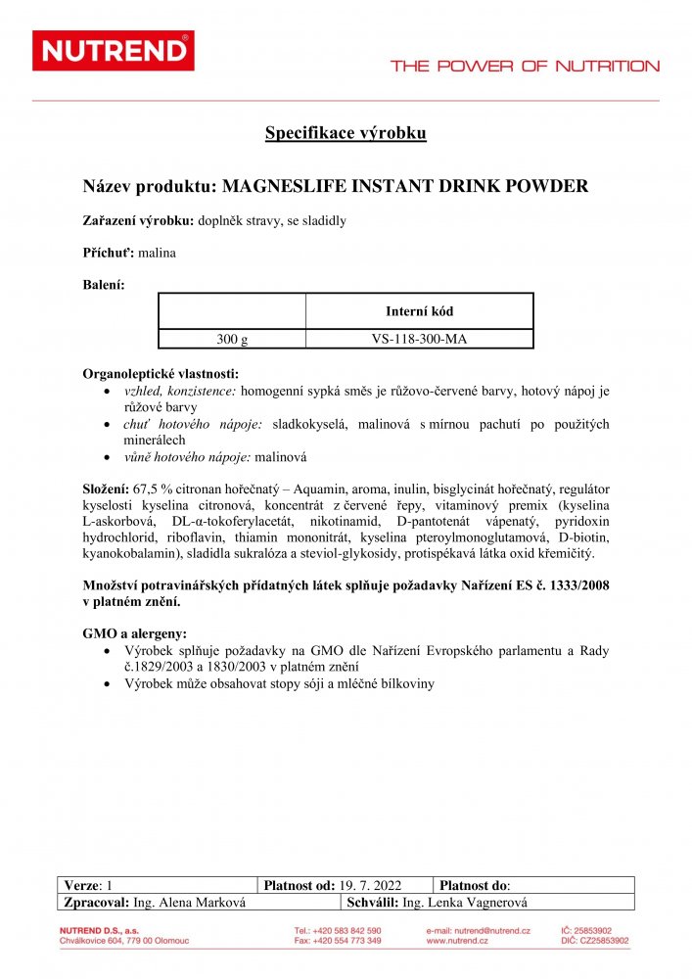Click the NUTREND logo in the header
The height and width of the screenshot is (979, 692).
[114, 51]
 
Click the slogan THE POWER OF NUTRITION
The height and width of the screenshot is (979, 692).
[525, 67]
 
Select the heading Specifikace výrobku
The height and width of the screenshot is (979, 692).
[346, 134]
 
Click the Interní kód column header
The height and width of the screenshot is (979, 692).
[419, 311]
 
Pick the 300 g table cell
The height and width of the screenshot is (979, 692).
[232, 340]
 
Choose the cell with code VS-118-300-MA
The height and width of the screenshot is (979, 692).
[419, 340]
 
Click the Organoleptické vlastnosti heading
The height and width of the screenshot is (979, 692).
[161, 374]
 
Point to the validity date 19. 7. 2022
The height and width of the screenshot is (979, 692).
[371, 885]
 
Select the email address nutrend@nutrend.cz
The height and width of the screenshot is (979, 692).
[491, 930]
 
